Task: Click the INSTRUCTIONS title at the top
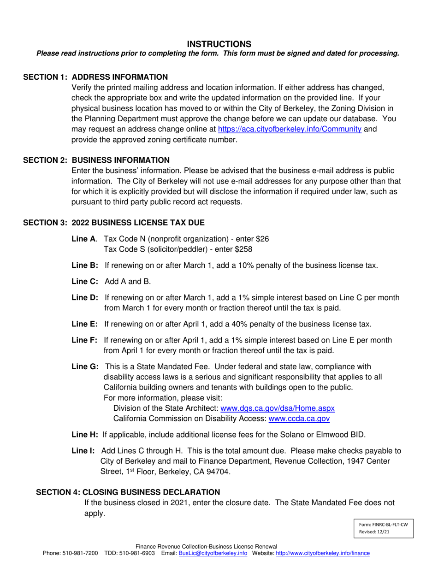(x=219, y=44)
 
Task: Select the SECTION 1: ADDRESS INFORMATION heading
(x=95, y=77)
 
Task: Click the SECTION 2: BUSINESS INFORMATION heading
(x=96, y=160)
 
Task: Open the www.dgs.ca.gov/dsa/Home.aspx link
(x=278, y=408)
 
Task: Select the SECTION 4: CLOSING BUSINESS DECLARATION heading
(x=128, y=492)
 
